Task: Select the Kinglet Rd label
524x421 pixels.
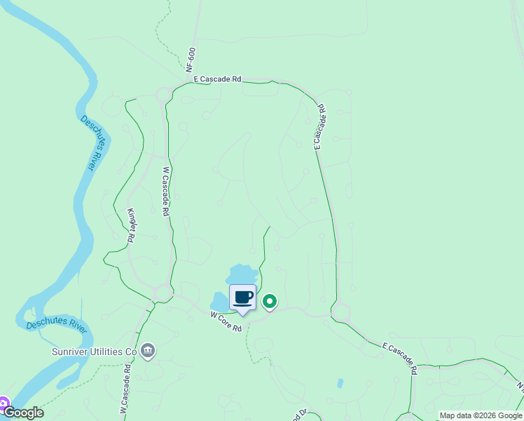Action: (130, 225)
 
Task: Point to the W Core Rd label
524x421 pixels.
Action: (226, 316)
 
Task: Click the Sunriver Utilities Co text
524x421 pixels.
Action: (94, 351)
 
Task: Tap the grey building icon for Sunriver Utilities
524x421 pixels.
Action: (147, 351)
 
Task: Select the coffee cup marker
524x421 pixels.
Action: (243, 298)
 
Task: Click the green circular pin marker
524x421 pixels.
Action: (270, 302)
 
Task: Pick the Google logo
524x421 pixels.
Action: (24, 413)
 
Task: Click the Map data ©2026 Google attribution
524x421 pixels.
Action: (481, 415)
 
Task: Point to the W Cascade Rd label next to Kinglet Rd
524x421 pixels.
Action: (166, 191)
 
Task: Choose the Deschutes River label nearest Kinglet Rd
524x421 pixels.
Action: (88, 143)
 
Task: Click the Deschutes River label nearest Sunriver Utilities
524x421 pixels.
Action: (54, 325)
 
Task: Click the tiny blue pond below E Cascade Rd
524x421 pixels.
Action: (340, 384)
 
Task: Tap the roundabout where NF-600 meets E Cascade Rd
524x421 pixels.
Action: (165, 94)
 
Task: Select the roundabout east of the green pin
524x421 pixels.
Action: (341, 311)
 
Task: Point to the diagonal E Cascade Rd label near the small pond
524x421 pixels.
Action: (400, 358)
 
